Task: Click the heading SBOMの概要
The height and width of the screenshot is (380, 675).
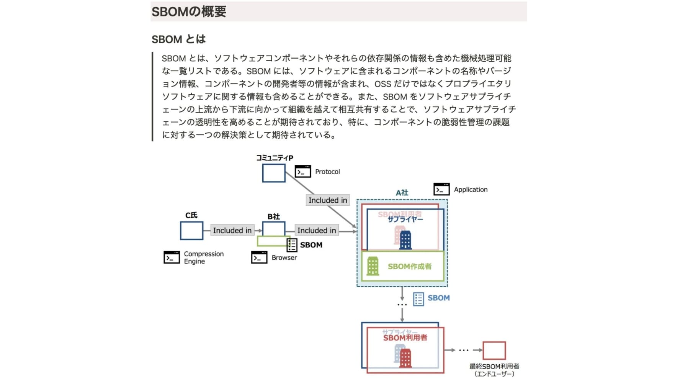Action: (x=189, y=11)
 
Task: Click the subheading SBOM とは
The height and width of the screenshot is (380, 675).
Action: (x=178, y=39)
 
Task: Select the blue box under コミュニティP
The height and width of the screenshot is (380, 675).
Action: (x=274, y=173)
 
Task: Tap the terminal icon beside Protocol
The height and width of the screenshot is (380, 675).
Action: (x=302, y=172)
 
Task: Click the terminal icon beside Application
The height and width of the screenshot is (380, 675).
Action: (x=441, y=189)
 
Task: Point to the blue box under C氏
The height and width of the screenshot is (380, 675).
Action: (x=191, y=231)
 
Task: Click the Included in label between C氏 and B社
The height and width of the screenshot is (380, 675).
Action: (x=232, y=230)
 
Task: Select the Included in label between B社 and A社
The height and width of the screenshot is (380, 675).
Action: (x=316, y=230)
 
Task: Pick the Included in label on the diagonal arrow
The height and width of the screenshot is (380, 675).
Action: (x=327, y=200)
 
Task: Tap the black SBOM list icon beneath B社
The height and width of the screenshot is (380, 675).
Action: (x=292, y=245)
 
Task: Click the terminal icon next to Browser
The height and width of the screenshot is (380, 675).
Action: (x=259, y=257)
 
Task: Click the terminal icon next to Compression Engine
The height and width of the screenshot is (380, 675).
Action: (x=172, y=257)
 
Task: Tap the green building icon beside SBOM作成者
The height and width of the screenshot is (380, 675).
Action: (x=373, y=266)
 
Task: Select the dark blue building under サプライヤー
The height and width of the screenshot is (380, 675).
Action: (x=405, y=240)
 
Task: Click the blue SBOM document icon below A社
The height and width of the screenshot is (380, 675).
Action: (x=418, y=299)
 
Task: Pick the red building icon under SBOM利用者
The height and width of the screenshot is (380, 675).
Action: (x=405, y=358)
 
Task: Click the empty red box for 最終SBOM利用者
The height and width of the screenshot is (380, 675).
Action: (x=494, y=350)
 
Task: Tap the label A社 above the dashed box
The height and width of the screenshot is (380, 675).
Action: (x=402, y=193)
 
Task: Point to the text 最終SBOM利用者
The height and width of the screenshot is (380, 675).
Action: (x=494, y=366)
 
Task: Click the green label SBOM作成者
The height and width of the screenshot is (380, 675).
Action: (x=409, y=266)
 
